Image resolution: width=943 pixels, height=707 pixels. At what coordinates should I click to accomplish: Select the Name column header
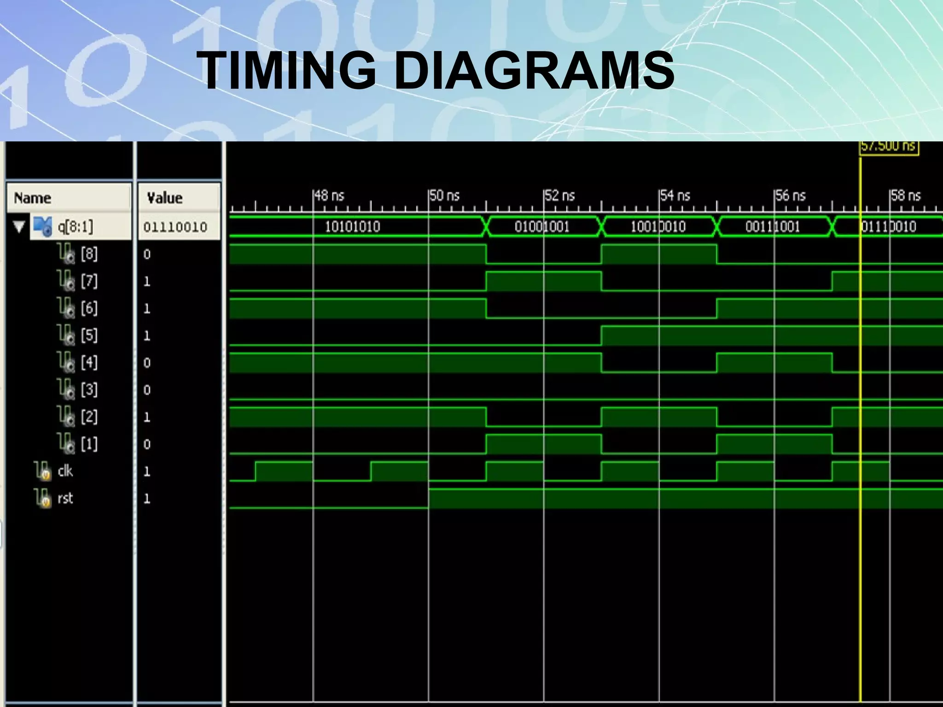coord(33,198)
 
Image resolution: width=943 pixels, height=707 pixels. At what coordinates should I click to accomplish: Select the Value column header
coord(165,198)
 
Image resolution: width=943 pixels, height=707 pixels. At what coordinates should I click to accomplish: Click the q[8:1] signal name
coord(75,226)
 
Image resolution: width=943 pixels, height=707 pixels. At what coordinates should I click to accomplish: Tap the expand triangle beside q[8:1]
coord(19,227)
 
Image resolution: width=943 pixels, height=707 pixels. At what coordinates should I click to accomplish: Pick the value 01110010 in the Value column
coord(175,227)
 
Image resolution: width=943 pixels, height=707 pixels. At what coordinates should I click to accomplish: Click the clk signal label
coord(65,471)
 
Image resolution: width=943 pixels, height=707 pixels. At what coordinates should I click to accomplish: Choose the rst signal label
coord(65,498)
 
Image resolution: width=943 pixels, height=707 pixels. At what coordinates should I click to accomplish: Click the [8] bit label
coord(89,254)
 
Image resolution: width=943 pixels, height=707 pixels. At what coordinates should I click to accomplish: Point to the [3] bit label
coord(89,390)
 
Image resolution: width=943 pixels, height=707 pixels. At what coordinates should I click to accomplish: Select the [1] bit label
coord(89,444)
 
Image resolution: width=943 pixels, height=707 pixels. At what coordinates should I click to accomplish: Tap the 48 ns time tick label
coord(330,196)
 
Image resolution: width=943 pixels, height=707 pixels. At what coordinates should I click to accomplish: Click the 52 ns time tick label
coord(560,196)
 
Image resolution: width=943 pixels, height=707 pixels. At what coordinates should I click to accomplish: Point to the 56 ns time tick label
coord(791,196)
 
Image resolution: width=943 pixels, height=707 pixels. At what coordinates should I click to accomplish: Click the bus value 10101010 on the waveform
coord(353,226)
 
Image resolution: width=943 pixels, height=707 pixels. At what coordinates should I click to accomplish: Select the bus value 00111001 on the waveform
coord(773,226)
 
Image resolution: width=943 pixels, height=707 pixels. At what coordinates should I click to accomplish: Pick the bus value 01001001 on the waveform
coord(542,226)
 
